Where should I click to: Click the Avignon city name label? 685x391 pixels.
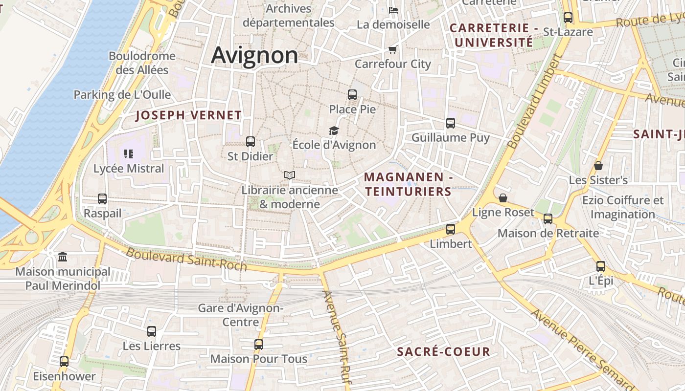click(x=254, y=55)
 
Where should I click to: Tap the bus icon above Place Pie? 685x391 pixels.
click(x=352, y=95)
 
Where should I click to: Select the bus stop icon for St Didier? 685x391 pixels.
click(x=251, y=142)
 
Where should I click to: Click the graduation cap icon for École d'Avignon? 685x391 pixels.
click(x=334, y=130)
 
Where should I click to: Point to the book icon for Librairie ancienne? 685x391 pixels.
click(x=290, y=175)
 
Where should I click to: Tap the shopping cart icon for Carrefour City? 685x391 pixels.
click(x=392, y=49)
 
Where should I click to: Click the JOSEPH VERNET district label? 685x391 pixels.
click(x=188, y=115)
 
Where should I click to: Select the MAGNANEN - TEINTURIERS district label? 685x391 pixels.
click(x=408, y=184)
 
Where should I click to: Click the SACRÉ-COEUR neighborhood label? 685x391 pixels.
click(x=443, y=352)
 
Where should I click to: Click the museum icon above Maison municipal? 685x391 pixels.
click(x=63, y=257)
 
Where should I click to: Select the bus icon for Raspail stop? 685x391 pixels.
click(x=102, y=199)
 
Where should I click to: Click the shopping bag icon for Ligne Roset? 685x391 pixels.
click(x=503, y=198)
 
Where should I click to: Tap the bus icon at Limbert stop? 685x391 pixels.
click(x=451, y=229)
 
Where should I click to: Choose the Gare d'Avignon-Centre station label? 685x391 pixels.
click(x=240, y=315)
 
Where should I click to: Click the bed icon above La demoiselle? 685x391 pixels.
click(x=393, y=10)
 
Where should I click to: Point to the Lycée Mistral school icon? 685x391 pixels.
click(x=129, y=154)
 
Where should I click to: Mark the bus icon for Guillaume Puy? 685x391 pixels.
click(x=451, y=123)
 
